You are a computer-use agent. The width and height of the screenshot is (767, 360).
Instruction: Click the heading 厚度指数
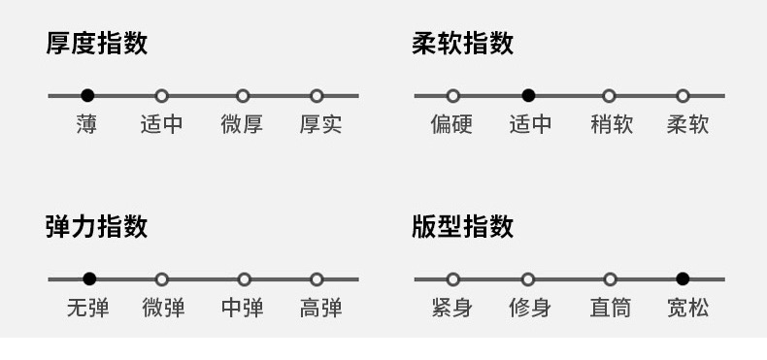[97, 43]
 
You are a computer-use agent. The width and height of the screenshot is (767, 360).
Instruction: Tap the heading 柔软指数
[463, 43]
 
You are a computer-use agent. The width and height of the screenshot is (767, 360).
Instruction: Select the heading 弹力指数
[97, 226]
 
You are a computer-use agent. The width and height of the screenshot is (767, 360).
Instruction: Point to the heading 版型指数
[463, 226]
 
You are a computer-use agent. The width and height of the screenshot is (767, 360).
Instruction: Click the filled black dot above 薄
[87, 96]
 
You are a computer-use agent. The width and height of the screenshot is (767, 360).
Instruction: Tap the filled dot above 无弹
[89, 279]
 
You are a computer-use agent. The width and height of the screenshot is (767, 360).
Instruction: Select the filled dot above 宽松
[683, 279]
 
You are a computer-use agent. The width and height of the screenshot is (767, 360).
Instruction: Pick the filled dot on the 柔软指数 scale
[528, 96]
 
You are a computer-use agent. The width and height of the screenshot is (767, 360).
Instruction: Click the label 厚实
[321, 124]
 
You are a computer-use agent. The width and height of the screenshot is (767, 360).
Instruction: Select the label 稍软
[612, 124]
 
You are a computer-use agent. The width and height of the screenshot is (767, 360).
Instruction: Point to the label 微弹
[164, 309]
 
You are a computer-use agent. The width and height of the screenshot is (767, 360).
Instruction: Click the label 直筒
[611, 309]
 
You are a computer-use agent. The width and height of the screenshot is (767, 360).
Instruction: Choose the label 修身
[530, 309]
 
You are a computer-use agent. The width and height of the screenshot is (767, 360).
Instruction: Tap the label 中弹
[242, 309]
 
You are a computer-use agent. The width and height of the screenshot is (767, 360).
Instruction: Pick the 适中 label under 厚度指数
[161, 124]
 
